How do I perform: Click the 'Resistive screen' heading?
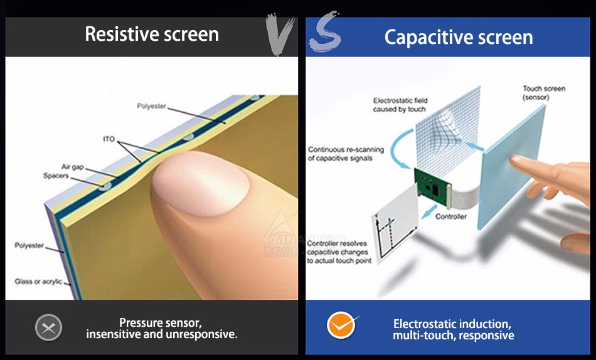tap(152, 34)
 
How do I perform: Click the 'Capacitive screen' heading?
tap(459, 38)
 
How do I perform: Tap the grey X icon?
tap(49, 327)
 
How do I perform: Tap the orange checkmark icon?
tap(341, 325)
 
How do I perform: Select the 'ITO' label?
tap(109, 139)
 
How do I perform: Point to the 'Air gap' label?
tap(73, 167)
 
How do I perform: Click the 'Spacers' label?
tap(56, 176)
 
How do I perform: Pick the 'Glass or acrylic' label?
tap(38, 282)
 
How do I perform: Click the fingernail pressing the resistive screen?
tap(201, 183)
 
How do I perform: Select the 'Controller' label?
tap(451, 216)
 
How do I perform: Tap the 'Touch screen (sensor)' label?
tap(544, 93)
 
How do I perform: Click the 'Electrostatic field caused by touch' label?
tap(400, 105)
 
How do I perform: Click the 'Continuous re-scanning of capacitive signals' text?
tap(346, 154)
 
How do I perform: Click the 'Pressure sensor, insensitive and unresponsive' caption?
tap(161, 329)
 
